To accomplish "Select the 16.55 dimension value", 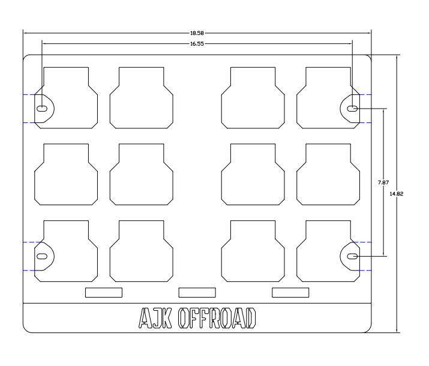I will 197,44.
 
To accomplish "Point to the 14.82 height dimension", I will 396,193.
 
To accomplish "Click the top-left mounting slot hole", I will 43,109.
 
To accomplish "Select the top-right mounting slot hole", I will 353,109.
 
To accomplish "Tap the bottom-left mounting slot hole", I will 43,256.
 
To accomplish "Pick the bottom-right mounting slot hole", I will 353,256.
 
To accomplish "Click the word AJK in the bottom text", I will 155,319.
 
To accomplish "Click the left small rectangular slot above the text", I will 103,292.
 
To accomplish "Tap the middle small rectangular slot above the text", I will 197,292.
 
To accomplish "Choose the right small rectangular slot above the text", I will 290,292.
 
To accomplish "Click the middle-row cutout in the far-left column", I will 66,174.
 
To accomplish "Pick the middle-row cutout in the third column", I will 253,174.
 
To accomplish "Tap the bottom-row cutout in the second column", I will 141,250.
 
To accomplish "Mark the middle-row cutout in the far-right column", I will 328,174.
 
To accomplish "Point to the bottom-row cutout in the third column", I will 253,250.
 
